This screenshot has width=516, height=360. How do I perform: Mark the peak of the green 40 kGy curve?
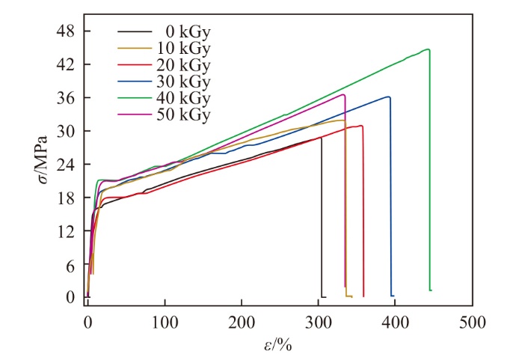[x=428, y=49]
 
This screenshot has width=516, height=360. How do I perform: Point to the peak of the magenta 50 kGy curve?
[x=343, y=95]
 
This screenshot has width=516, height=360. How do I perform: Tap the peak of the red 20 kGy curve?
[x=361, y=126]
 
